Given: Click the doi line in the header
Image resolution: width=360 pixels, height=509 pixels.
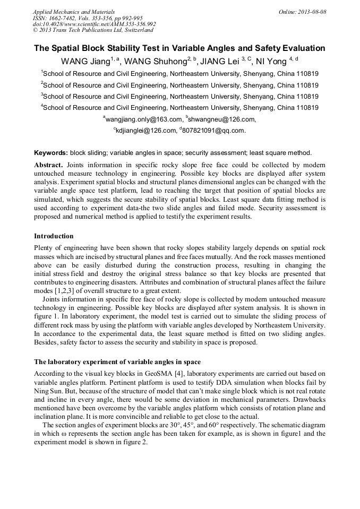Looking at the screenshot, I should (95, 24).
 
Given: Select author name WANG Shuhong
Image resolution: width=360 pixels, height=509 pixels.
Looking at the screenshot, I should (156, 61).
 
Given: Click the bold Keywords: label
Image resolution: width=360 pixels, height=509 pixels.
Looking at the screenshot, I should (51, 152).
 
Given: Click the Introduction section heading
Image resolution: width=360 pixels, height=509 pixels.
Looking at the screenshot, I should (54, 236).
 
